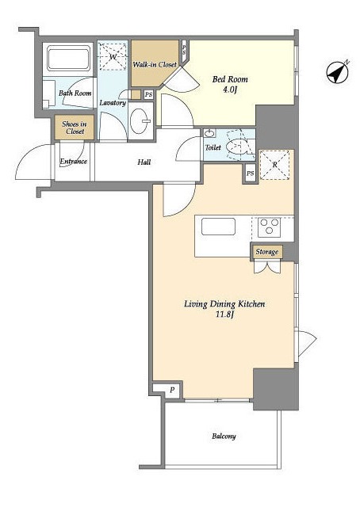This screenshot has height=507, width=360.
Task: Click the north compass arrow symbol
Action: point(337,72)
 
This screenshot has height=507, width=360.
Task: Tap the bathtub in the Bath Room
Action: point(69,59)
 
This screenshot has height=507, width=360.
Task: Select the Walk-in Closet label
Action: point(155,64)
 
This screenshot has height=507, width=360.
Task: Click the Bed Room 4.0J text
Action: point(230,84)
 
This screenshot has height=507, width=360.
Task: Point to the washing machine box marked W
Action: point(113,57)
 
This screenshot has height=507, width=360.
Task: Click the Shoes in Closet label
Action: point(75,128)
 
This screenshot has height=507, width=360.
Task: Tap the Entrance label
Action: point(74,161)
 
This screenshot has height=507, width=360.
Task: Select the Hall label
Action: point(144,162)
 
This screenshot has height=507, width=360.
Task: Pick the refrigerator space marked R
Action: point(275,165)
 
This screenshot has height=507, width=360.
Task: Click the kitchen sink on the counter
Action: point(218,227)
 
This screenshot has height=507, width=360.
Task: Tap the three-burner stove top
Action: point(270,227)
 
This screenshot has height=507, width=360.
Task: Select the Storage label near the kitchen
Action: point(266,252)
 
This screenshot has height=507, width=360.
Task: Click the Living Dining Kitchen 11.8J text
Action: point(224,309)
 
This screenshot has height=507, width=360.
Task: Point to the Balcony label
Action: point(224,436)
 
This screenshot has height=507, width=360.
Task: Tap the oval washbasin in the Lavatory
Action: point(140,121)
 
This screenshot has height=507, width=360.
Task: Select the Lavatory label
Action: point(113,103)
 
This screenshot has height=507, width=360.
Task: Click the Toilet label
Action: point(213,147)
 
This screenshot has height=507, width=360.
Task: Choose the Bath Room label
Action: point(75,93)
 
